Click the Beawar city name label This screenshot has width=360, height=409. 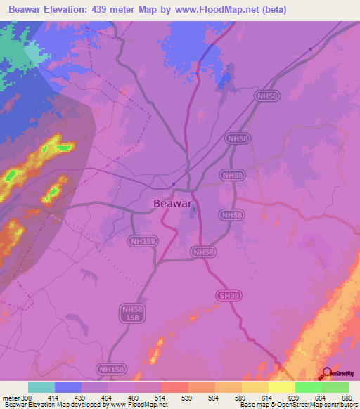coord(172,204)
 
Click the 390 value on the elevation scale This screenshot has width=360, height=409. coord(22,397)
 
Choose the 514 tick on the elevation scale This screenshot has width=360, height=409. coord(162,397)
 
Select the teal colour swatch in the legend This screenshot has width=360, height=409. coord(41,387)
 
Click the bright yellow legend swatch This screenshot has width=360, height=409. coord(281,387)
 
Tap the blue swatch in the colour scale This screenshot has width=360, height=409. coord(68,387)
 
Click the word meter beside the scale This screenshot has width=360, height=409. coord(8,397)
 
